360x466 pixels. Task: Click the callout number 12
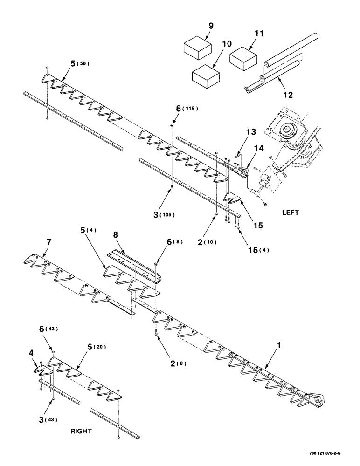(288, 95)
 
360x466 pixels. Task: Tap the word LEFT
(290, 212)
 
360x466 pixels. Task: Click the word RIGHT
(81, 431)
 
